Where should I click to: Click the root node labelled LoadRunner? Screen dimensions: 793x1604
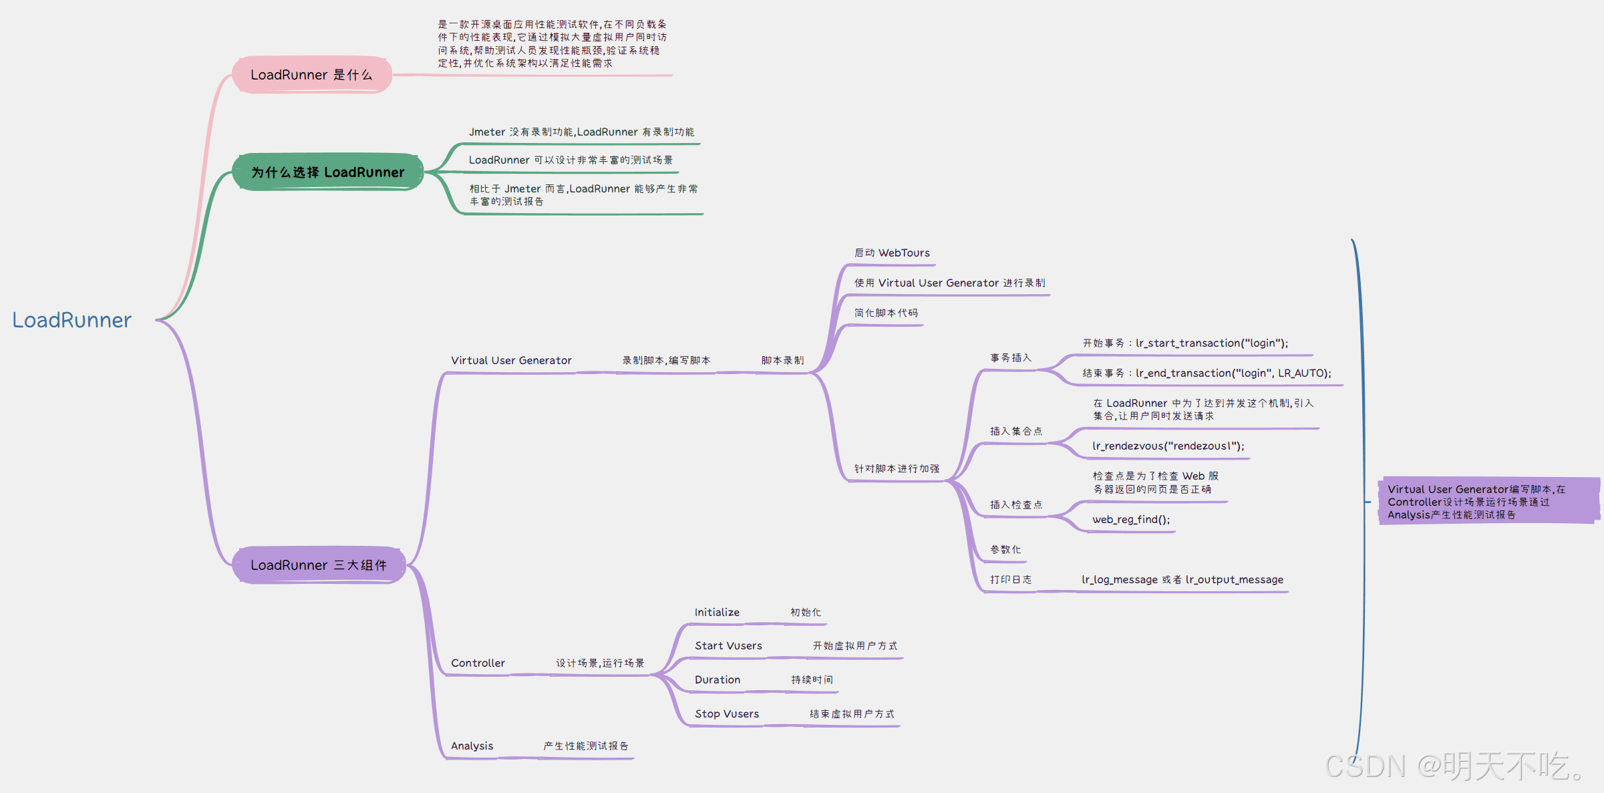coord(72,320)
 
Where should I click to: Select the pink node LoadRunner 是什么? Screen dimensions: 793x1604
coord(311,75)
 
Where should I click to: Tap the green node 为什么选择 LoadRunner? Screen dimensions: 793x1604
coord(327,172)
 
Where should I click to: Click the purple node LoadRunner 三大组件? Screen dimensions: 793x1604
coord(319,565)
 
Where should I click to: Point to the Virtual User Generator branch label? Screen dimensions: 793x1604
coord(511,361)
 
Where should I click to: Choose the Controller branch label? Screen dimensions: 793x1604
coord(478,663)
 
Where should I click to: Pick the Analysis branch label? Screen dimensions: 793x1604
coord(472,746)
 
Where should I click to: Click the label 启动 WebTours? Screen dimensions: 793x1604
coord(892,253)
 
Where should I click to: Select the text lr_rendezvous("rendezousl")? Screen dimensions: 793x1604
coord(1168,446)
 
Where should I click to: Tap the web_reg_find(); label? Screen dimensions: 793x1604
coord(1131,520)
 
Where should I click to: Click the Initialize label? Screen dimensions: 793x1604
coord(717,613)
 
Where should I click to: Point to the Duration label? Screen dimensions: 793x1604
coord(717,680)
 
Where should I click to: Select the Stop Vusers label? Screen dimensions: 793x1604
coord(727,714)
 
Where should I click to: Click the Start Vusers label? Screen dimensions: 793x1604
coord(728,646)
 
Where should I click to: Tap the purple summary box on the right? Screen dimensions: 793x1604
coord(1488,502)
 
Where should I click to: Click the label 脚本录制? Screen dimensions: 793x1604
coord(782,361)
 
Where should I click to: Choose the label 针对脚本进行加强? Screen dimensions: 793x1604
coord(897,469)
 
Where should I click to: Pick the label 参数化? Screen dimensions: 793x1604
coord(1005,550)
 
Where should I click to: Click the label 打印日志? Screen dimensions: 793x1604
coord(1011,580)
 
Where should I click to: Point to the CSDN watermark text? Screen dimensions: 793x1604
coord(1454,766)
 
